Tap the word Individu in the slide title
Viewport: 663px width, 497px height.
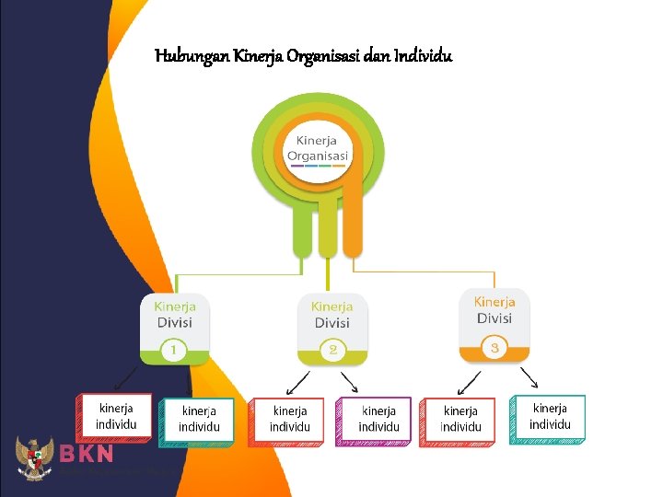tap(423, 57)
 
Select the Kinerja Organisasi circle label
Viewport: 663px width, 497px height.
tap(318, 148)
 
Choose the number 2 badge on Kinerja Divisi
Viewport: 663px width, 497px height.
tap(332, 351)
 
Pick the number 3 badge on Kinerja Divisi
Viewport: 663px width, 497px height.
tap(494, 348)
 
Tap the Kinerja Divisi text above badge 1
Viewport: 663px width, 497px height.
tap(174, 314)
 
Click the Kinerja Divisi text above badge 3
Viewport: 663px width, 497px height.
tap(494, 309)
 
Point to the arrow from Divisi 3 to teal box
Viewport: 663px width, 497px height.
tap(529, 377)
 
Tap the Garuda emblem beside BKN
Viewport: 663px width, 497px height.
tap(35, 458)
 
